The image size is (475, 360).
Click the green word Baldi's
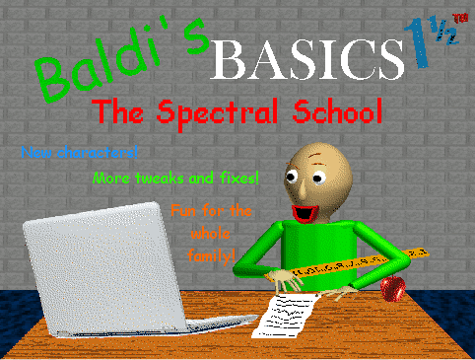point(118,64)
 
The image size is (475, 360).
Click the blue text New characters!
point(79,152)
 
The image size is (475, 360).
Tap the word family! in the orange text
point(211,255)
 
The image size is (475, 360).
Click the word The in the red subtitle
point(111,110)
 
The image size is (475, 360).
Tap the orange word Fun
point(182,210)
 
